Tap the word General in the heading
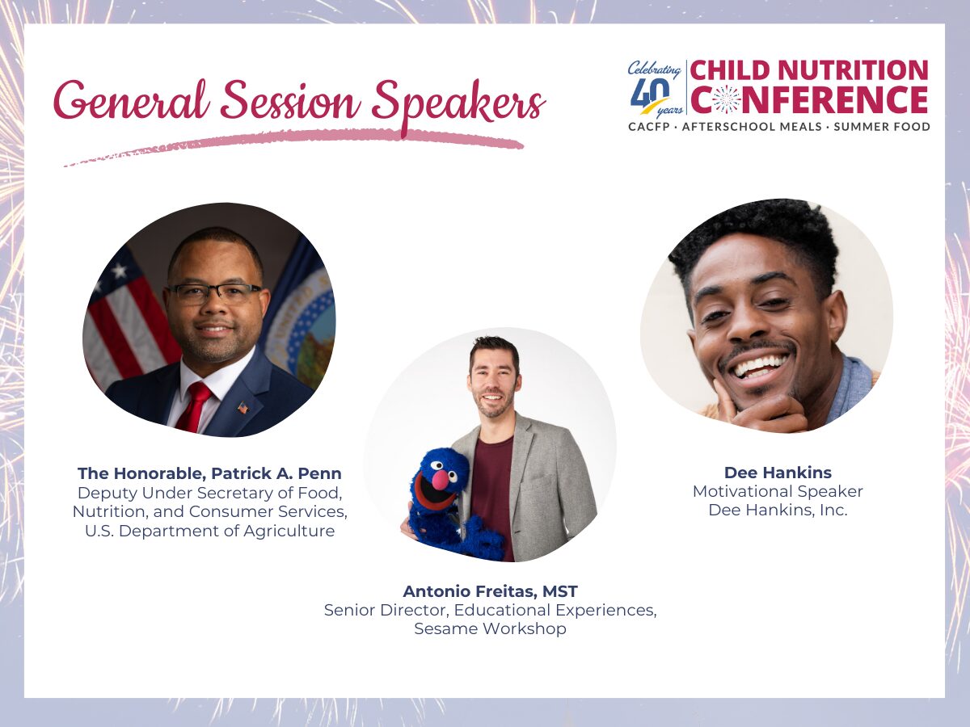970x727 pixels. [131, 99]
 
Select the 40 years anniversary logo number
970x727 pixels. [650, 94]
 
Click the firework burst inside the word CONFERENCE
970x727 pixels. [727, 99]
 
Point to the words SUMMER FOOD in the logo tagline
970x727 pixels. [882, 127]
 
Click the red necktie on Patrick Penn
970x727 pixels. [196, 406]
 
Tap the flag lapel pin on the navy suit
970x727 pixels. [243, 407]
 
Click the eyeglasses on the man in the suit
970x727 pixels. [215, 292]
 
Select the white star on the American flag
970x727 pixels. [120, 271]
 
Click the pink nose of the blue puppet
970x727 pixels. [441, 480]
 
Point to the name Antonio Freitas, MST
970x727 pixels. [490, 591]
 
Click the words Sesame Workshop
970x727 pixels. [490, 628]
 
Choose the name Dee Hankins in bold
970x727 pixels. [778, 473]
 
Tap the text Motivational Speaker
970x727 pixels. [778, 491]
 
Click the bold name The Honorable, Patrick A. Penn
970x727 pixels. [209, 473]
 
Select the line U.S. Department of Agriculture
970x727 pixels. [209, 531]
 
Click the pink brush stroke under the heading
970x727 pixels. [293, 145]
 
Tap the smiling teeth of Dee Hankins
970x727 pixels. [761, 366]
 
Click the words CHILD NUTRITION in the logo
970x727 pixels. [809, 70]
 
